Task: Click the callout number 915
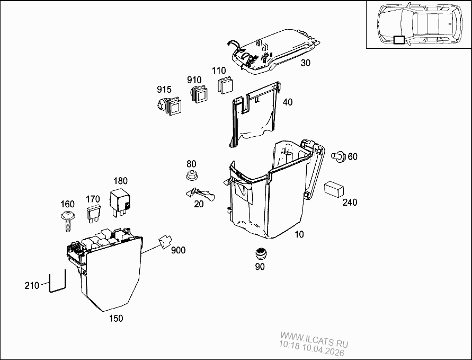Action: (x=164, y=89)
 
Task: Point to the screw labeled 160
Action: (x=68, y=219)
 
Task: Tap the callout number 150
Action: (x=115, y=318)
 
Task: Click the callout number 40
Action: (x=288, y=102)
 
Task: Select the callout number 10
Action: (x=299, y=234)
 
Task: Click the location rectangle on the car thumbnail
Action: (x=398, y=39)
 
